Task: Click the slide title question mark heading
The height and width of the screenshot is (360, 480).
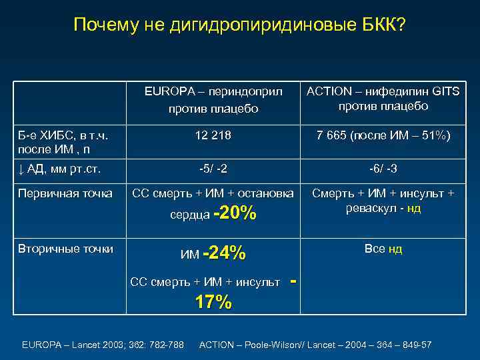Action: click(239, 25)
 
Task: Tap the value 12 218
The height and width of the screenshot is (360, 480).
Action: click(213, 136)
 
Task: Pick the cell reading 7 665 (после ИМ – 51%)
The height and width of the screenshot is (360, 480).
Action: click(383, 136)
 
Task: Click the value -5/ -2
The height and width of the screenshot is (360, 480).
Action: click(213, 168)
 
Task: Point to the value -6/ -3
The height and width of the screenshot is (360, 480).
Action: click(383, 168)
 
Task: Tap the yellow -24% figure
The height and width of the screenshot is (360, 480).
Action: click(225, 253)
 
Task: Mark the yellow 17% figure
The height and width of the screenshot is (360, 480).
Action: click(213, 302)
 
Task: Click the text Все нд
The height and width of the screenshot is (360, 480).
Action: click(383, 249)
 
